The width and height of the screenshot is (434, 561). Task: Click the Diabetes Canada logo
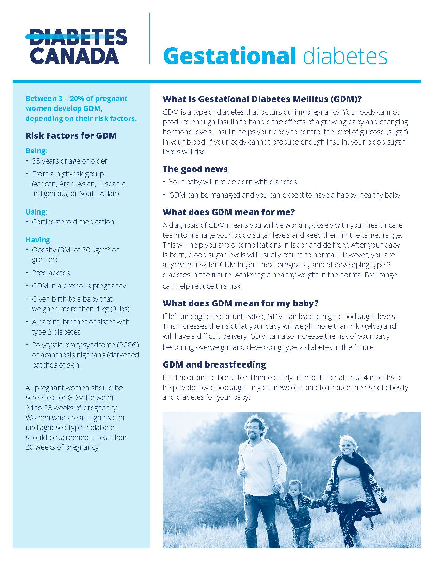(76, 47)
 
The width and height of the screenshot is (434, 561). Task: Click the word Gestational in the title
(229, 56)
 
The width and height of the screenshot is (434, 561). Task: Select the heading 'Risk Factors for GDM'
(71, 136)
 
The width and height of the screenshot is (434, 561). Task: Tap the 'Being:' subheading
(36, 151)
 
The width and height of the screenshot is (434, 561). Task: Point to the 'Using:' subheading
(36, 212)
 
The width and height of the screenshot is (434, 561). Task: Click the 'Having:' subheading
(38, 240)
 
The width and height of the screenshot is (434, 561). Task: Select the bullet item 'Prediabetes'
(51, 273)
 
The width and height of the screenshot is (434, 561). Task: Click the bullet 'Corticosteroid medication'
(73, 222)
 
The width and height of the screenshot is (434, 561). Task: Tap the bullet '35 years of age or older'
(69, 161)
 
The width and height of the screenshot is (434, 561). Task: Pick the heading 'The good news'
(195, 169)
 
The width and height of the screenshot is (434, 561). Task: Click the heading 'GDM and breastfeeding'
(214, 364)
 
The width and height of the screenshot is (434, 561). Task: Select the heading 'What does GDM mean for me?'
(228, 212)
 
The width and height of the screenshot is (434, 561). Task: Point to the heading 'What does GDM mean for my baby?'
(240, 303)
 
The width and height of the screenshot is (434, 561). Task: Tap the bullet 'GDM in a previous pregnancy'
(79, 286)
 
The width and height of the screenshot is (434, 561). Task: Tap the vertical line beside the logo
(150, 38)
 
